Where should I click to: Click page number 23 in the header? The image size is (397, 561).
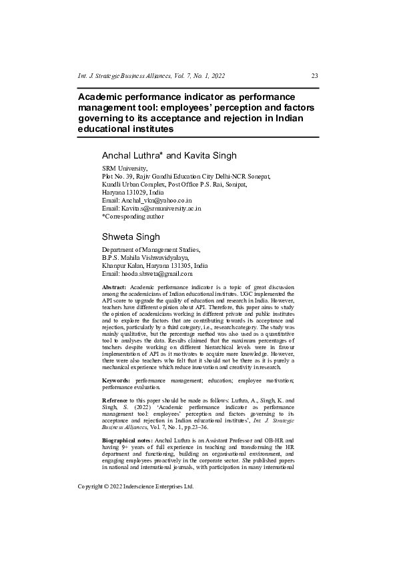pos(315,75)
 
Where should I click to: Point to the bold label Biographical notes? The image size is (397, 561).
pos(127,442)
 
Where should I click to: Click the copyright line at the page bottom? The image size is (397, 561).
pos(135,524)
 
